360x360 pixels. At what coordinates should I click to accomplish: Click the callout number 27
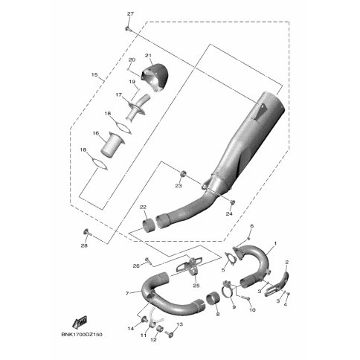coord(130,14)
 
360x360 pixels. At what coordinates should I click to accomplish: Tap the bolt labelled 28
coord(86,232)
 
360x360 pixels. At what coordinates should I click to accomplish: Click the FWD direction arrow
coord(80,322)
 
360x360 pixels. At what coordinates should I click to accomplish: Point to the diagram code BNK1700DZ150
coord(82,335)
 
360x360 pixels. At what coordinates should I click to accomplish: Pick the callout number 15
coord(94,74)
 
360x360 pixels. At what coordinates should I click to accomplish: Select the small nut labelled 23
coord(183,173)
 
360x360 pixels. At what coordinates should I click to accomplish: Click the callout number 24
coord(229,213)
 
